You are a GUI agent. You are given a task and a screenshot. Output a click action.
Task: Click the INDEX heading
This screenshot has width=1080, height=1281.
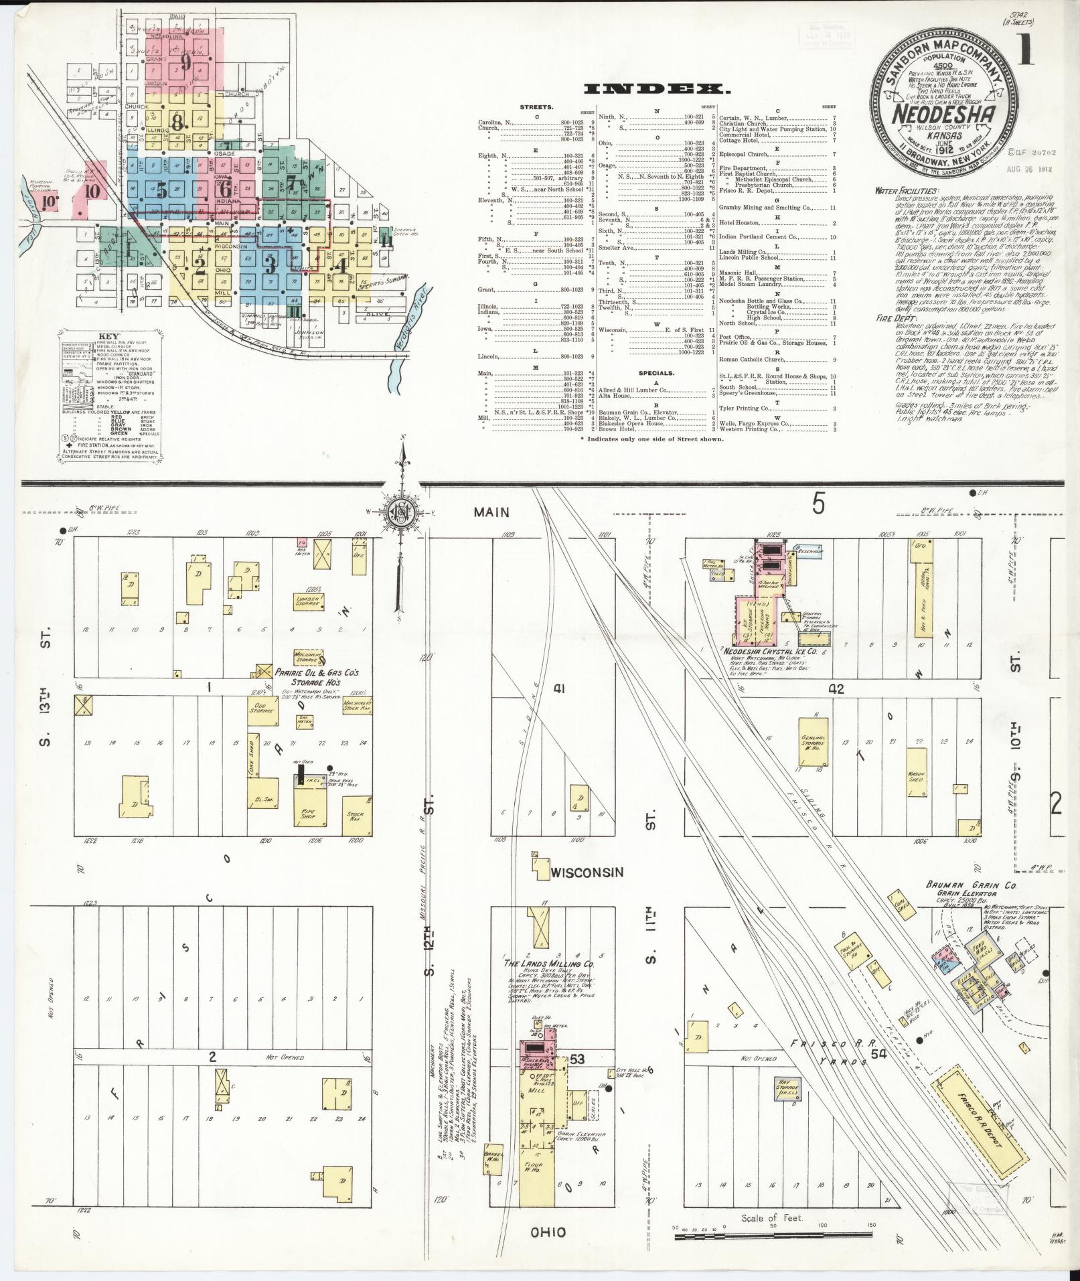pos(655,88)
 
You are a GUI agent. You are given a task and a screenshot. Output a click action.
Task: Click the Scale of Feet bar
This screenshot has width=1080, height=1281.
pos(773,1233)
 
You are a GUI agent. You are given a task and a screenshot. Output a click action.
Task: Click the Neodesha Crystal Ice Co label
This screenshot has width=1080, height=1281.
pos(770,650)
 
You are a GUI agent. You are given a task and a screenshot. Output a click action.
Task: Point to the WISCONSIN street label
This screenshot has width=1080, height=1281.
pos(587,873)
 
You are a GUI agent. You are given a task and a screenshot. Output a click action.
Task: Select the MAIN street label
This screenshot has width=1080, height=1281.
pos(491,512)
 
